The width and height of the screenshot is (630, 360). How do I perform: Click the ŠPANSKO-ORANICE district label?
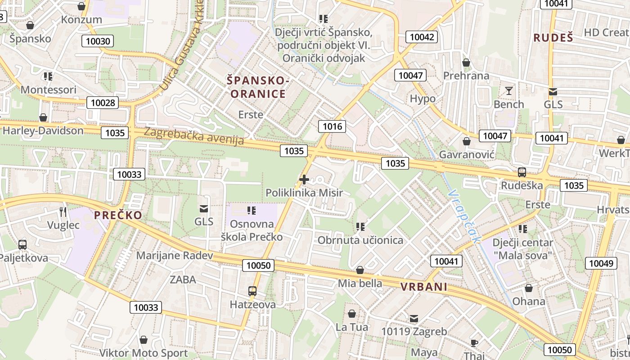[x=257, y=87]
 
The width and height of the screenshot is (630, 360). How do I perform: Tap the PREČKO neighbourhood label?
[x=118, y=215]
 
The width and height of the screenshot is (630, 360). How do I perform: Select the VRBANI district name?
[x=424, y=287]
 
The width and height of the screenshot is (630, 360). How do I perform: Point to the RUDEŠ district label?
[x=553, y=38]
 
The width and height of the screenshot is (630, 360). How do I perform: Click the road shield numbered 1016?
[x=333, y=126]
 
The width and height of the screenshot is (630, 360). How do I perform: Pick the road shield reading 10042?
[x=422, y=37]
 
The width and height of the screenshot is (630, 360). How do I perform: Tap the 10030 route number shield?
[x=98, y=41]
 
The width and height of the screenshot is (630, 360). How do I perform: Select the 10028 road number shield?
[x=103, y=103]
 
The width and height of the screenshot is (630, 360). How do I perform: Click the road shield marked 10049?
[x=601, y=264]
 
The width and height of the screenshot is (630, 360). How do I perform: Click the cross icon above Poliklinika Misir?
[x=304, y=180]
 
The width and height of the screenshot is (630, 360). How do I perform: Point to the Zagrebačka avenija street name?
[x=194, y=136]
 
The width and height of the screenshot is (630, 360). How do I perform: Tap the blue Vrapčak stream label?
[x=465, y=216]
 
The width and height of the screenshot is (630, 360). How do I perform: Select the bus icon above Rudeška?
[x=522, y=172]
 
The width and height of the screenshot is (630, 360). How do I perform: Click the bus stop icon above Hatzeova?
[x=252, y=291]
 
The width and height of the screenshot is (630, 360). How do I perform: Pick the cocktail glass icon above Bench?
[x=509, y=91]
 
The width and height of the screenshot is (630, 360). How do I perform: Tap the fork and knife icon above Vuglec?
[x=63, y=211]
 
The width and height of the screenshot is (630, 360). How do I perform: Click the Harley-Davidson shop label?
[x=43, y=130]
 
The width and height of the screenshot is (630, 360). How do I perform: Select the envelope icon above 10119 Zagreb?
[x=414, y=319]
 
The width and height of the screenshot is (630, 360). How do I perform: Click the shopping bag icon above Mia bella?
[x=360, y=270]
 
